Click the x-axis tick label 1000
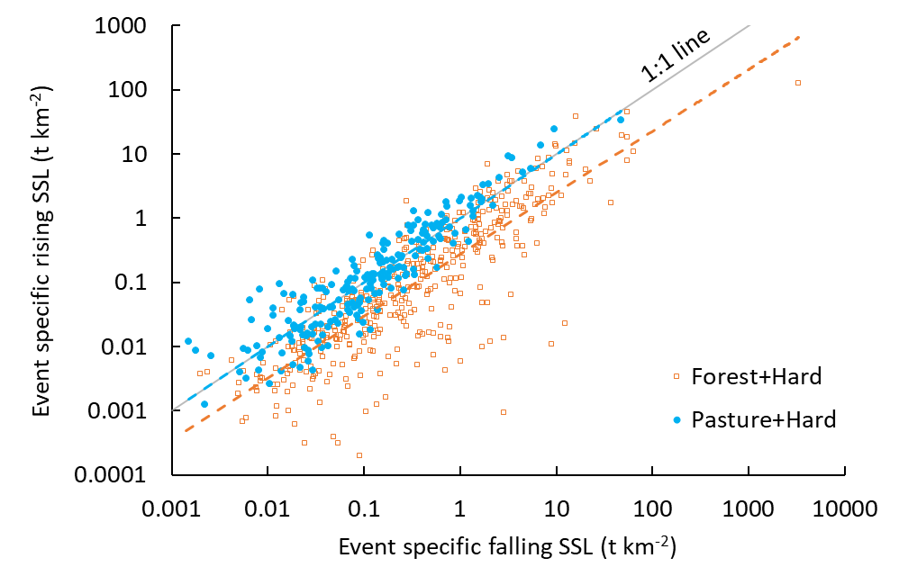tap(749, 508)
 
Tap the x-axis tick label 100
tap(652, 508)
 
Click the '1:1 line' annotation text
tap(676, 57)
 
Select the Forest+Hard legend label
tap(757, 377)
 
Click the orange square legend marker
tap(676, 377)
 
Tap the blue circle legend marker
tap(676, 419)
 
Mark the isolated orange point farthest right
tap(798, 83)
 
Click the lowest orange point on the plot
tap(359, 455)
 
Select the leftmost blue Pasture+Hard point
tap(188, 341)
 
